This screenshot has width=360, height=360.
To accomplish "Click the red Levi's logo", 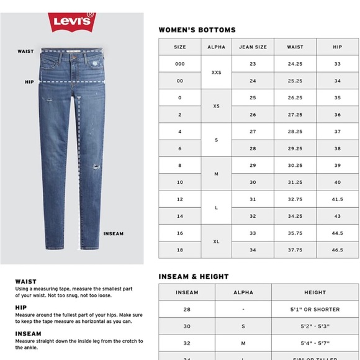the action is (x=72, y=20).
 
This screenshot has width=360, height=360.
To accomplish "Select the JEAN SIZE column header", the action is (x=253, y=47).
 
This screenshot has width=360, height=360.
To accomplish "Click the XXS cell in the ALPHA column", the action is (x=216, y=73).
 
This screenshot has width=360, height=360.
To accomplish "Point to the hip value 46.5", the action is (x=337, y=250).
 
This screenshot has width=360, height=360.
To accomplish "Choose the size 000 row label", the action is (x=179, y=64).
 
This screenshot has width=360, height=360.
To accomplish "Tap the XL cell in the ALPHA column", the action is (x=216, y=241).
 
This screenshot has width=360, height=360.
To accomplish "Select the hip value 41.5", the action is (x=337, y=199).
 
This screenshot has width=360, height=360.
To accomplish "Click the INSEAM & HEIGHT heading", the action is (x=194, y=276).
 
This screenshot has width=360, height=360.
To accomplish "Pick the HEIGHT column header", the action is (x=315, y=292).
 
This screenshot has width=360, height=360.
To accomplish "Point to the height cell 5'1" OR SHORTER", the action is (x=315, y=309).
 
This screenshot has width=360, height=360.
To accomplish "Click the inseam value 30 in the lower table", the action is (x=187, y=326).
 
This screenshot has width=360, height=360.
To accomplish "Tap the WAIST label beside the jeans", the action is (x=25, y=52).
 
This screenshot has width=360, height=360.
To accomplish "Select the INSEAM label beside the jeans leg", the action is (x=113, y=234).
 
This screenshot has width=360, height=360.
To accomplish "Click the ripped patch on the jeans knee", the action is (x=94, y=166).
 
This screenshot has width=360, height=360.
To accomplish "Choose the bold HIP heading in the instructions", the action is (x=20, y=307).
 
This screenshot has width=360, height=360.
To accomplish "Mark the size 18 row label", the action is (x=179, y=250).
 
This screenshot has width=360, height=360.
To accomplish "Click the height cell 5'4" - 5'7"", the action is (x=315, y=343).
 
